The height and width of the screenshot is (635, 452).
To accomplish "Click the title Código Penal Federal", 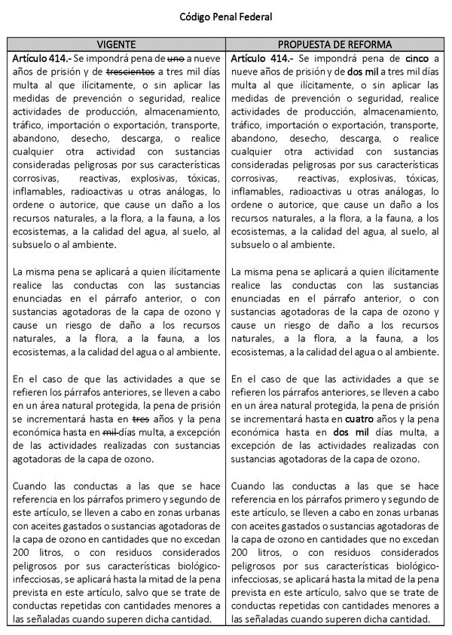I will click(x=225, y=15).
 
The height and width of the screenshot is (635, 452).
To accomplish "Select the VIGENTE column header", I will click(x=117, y=44).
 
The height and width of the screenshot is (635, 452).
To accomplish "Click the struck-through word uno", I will click(x=176, y=58).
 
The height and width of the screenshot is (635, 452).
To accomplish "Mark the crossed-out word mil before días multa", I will click(x=111, y=431).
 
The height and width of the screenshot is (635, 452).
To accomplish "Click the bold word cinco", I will click(x=417, y=58).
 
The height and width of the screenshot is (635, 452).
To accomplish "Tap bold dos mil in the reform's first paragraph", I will click(x=364, y=72).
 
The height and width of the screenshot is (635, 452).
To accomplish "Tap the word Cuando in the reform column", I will click(x=252, y=486).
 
